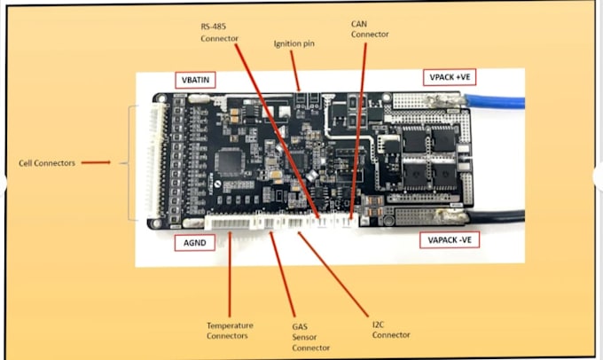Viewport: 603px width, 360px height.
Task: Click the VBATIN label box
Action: pyautogui.click(x=194, y=79)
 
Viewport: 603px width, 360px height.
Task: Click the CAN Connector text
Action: pyautogui.click(x=368, y=28)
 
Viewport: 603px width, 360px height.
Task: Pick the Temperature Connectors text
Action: pyautogui.click(x=229, y=330)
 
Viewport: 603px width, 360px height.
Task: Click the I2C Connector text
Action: pyautogui.click(x=389, y=330)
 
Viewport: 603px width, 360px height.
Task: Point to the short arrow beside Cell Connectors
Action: pyautogui.click(x=98, y=162)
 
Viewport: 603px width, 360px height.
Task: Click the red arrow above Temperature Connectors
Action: pyautogui.click(x=229, y=275)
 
